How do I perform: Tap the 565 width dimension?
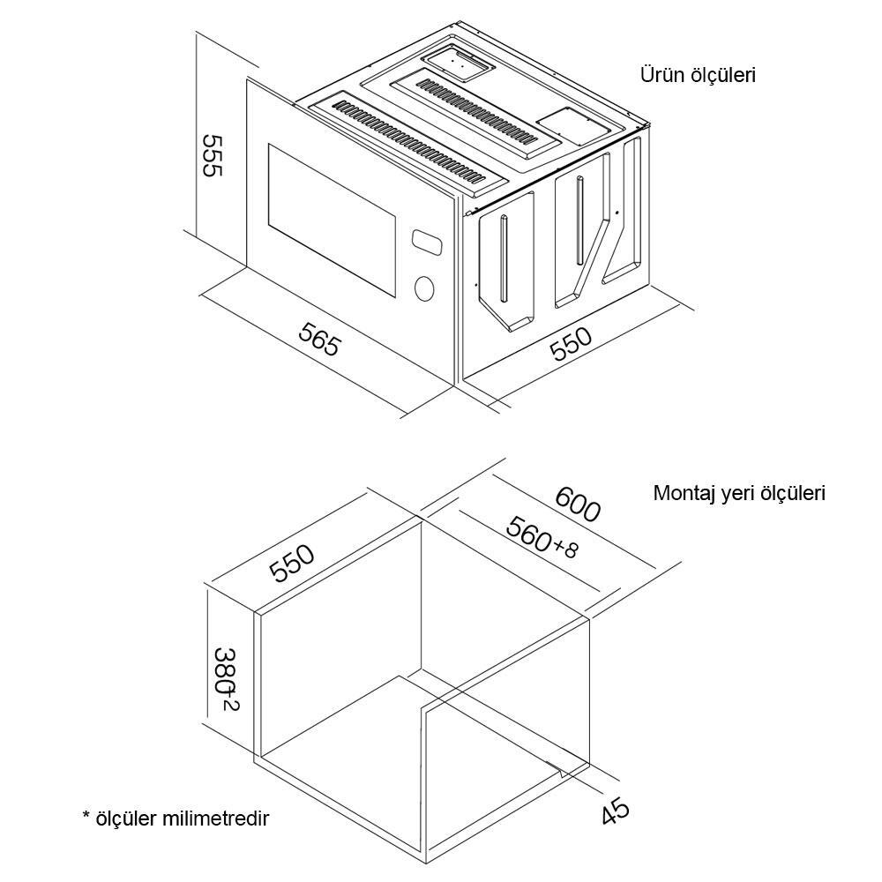[x=318, y=339]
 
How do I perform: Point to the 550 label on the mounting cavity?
[x=292, y=564]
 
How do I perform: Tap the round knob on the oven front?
[x=425, y=288]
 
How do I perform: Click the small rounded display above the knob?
[x=424, y=241]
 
